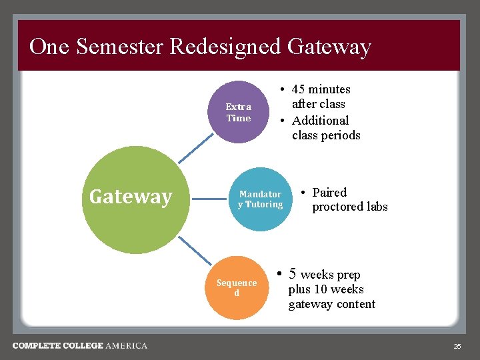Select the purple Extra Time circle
tap(239, 112)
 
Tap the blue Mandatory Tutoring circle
tap(261, 199)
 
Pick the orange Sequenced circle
tap(236, 288)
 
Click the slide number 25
tap(457, 346)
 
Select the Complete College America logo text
tap(80, 345)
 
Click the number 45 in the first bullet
tap(299, 89)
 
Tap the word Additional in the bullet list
tap(320, 121)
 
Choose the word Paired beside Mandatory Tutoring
tap(329, 193)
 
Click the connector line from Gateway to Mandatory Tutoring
tap(207, 198)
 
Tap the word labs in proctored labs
tap(375, 207)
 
